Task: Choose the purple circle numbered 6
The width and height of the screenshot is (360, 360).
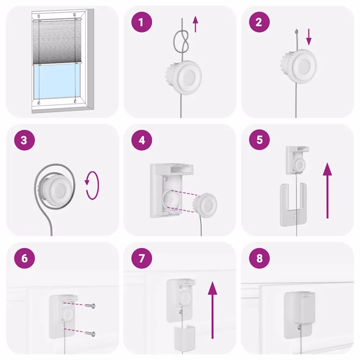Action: click(x=24, y=259)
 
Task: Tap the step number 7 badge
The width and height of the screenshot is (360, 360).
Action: click(x=142, y=259)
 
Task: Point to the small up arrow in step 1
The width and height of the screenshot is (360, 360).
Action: click(x=196, y=25)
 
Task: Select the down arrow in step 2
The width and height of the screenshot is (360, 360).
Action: click(x=309, y=37)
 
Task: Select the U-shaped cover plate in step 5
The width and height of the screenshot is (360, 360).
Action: click(x=293, y=205)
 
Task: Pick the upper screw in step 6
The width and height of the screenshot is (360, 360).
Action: click(x=92, y=306)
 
